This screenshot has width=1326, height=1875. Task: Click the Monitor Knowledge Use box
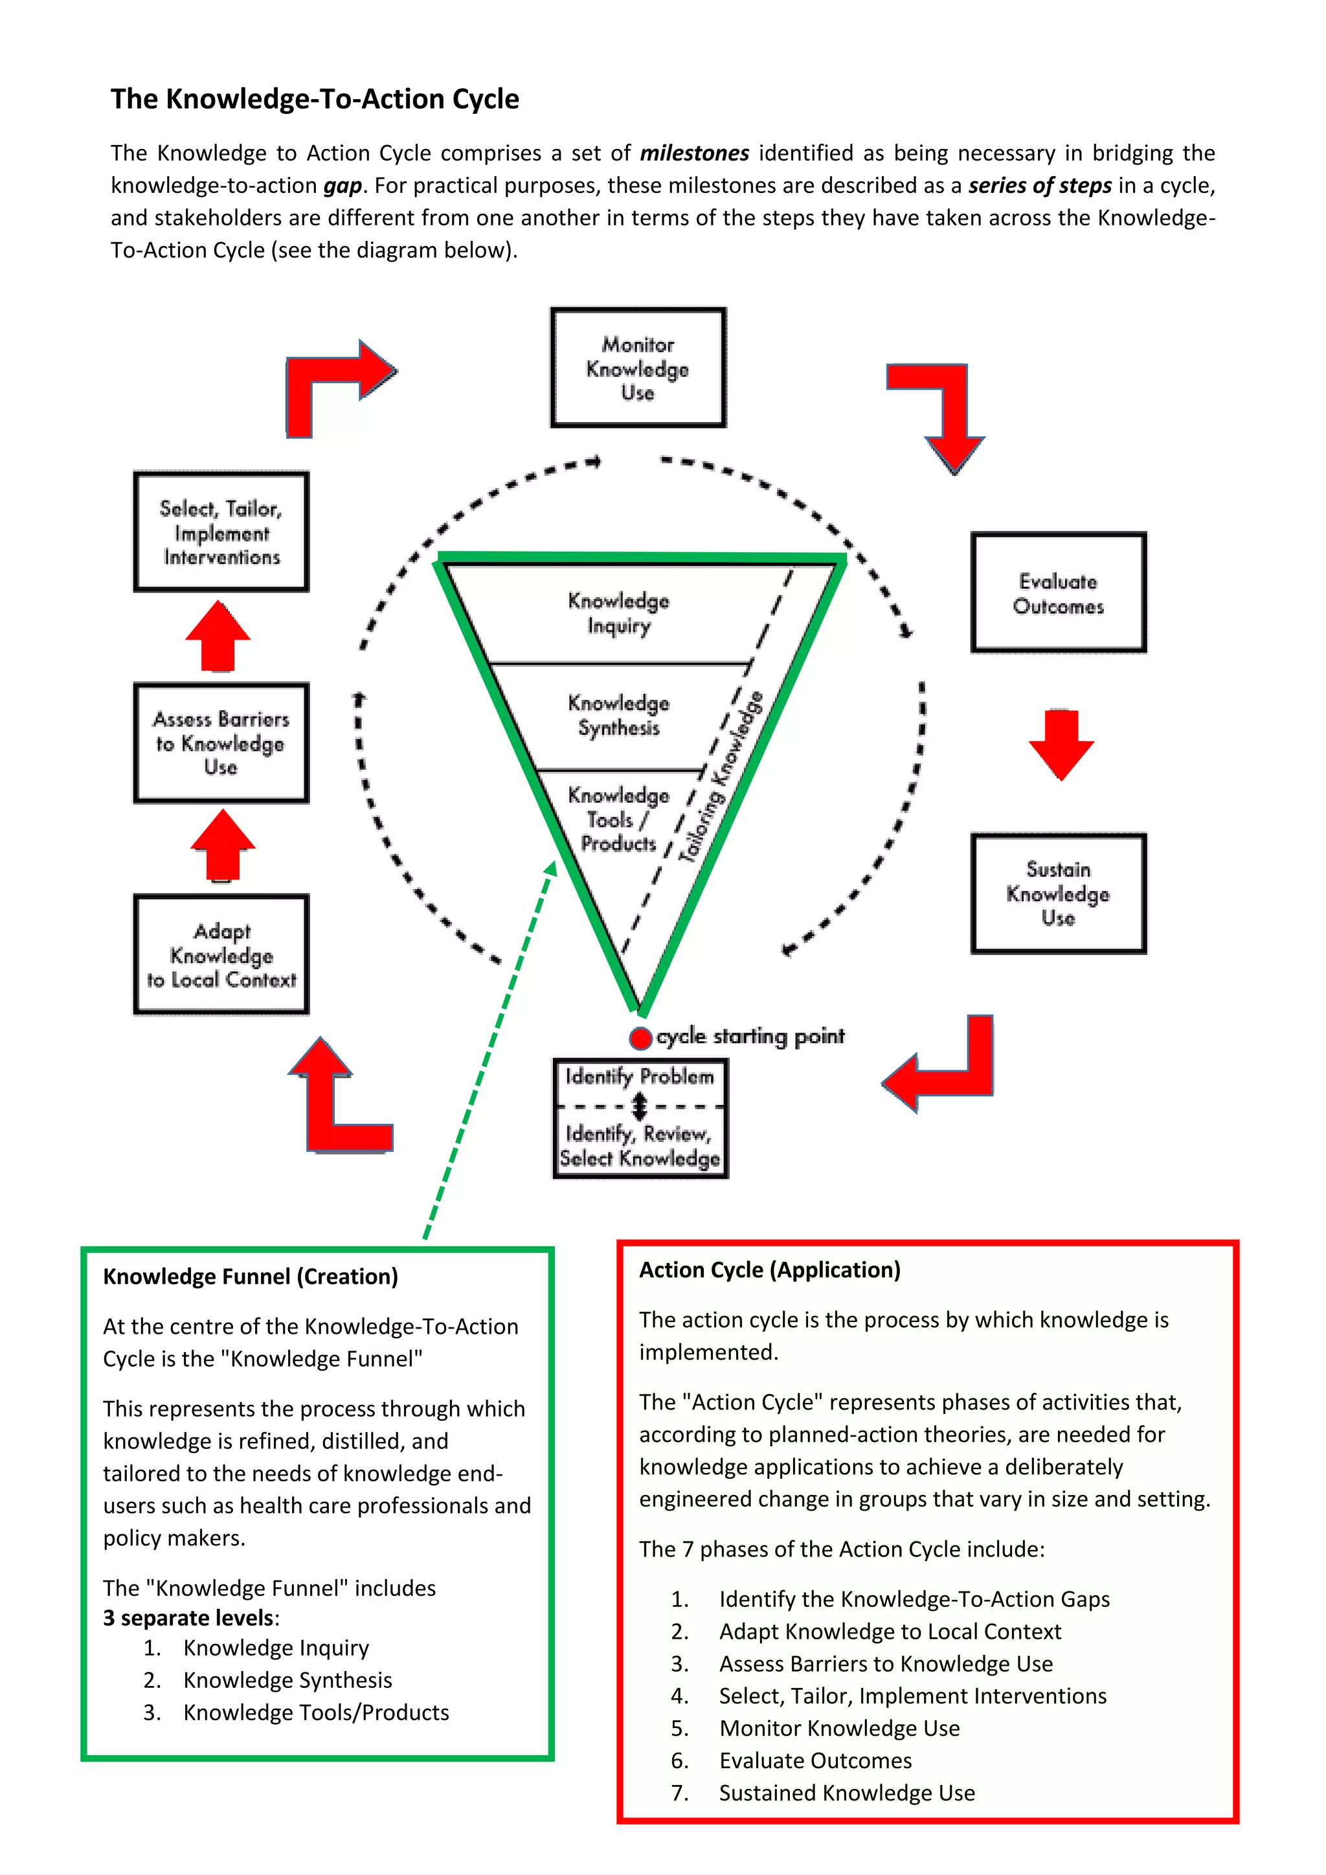tap(638, 368)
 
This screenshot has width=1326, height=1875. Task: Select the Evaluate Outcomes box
tap(1058, 593)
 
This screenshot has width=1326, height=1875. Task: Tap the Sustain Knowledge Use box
tap(1058, 893)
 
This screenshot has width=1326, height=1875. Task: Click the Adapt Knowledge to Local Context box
tap(221, 954)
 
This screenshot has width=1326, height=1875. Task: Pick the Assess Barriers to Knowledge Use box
tap(221, 743)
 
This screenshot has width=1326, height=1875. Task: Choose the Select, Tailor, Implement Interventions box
tap(221, 532)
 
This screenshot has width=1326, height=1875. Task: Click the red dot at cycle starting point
tap(640, 1038)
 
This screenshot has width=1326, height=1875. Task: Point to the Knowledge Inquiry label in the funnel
tap(619, 612)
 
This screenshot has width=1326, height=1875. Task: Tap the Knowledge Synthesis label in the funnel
tap(619, 715)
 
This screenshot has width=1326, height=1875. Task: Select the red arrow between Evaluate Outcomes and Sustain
tap(1061, 744)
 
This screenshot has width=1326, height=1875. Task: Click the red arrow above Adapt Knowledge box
tap(222, 844)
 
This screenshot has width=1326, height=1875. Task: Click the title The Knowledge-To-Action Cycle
tap(315, 99)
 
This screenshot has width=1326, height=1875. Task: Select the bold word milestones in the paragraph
tap(694, 153)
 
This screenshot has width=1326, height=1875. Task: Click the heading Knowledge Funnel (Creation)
tap(250, 1276)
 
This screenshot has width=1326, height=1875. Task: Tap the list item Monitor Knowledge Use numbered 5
tap(838, 1728)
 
